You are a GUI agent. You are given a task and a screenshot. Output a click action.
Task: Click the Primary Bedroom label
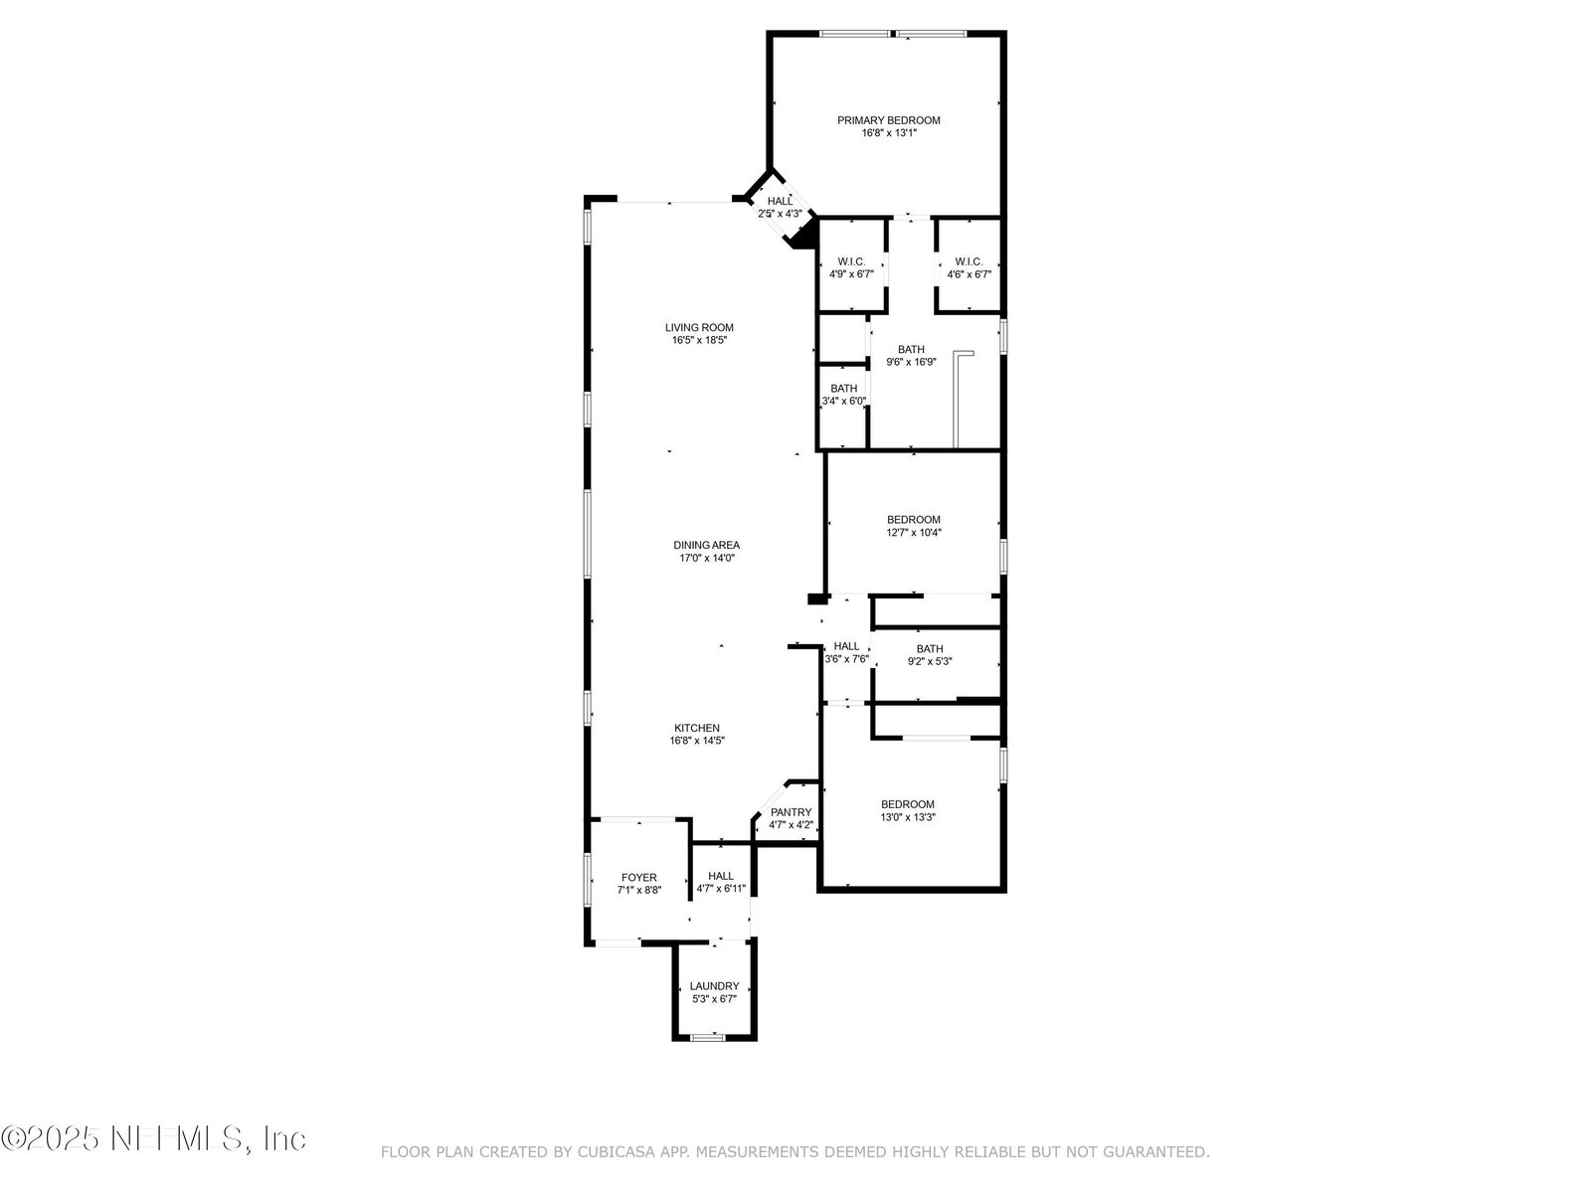(x=889, y=120)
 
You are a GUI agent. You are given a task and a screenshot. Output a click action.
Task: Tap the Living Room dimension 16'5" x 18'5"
(x=699, y=340)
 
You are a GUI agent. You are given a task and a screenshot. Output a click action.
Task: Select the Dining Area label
(x=706, y=546)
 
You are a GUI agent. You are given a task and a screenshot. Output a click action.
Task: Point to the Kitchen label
(x=697, y=728)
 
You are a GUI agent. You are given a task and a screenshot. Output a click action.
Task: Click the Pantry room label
(x=791, y=812)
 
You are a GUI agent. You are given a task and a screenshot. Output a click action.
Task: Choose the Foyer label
(x=638, y=877)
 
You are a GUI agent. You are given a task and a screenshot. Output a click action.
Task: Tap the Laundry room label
(x=714, y=986)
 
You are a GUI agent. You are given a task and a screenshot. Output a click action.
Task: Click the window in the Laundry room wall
(x=707, y=1037)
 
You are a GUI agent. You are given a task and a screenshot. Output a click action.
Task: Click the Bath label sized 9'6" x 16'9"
(x=911, y=349)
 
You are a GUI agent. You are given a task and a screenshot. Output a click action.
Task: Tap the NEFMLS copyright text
(x=153, y=1138)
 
